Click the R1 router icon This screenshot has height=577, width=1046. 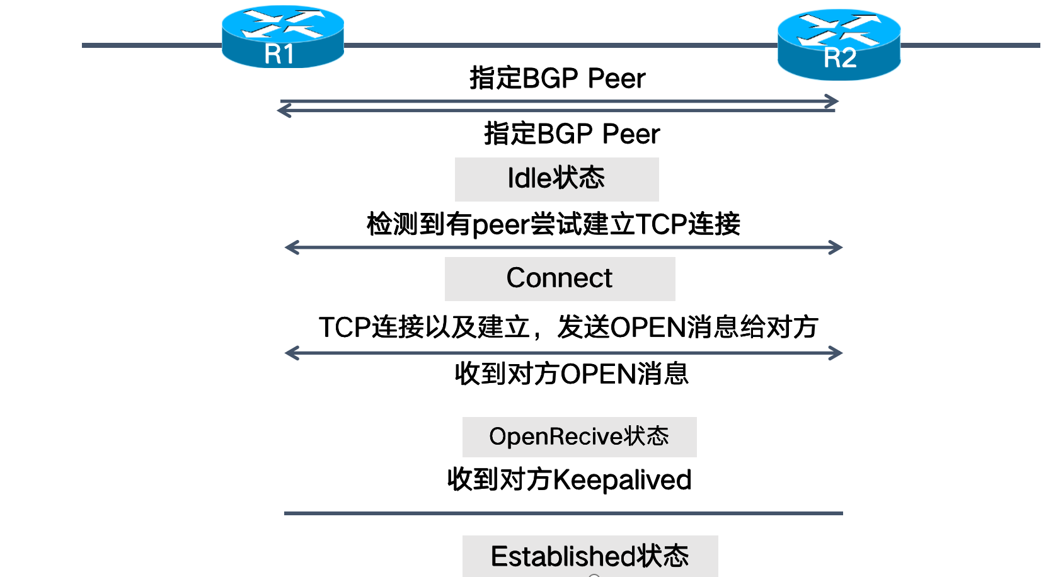[282, 37]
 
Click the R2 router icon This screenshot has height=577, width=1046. [839, 44]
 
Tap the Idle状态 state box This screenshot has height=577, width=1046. [556, 179]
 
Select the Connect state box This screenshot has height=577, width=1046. [560, 278]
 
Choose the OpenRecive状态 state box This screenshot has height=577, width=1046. [579, 437]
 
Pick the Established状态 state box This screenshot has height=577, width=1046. [590, 556]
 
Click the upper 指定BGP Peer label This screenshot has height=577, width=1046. [557, 79]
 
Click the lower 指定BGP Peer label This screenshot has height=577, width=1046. [572, 134]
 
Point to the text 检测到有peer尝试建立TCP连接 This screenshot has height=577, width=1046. [553, 224]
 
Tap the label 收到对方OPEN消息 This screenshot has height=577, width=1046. [571, 374]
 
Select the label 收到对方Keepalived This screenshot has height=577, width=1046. [569, 480]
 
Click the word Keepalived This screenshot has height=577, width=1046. [622, 480]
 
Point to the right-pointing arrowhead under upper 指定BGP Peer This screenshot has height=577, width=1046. [832, 101]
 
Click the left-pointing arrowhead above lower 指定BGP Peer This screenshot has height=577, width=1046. [284, 111]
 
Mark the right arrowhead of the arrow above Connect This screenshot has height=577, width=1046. [836, 248]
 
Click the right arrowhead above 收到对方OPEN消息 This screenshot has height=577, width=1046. [836, 353]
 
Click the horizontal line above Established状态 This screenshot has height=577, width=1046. [563, 513]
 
